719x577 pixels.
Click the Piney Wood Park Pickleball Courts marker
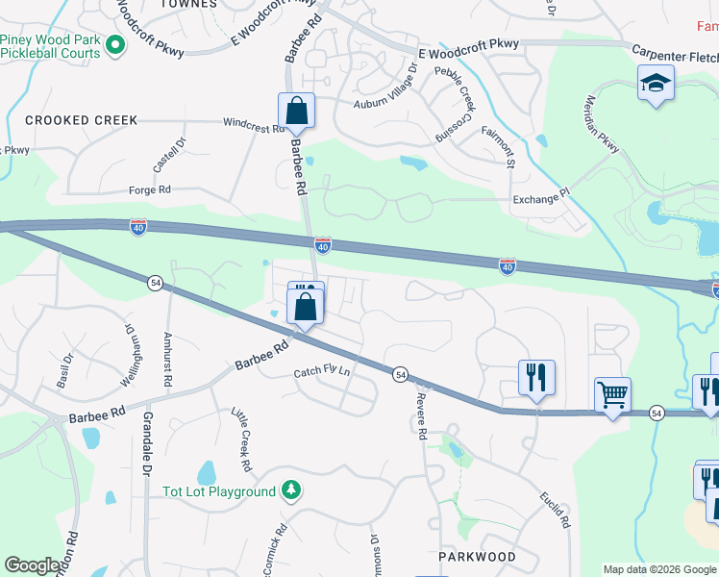(115, 44)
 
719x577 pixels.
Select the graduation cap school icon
(656, 84)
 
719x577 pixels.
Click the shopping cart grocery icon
(612, 393)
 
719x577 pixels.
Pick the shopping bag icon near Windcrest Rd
(296, 111)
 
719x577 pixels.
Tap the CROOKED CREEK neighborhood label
(82, 120)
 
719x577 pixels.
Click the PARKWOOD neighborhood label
(477, 557)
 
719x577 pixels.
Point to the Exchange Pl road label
(541, 199)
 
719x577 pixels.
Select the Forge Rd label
(150, 190)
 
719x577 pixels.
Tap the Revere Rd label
(421, 414)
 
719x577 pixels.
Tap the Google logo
(32, 565)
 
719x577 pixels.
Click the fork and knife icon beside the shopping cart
(536, 377)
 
